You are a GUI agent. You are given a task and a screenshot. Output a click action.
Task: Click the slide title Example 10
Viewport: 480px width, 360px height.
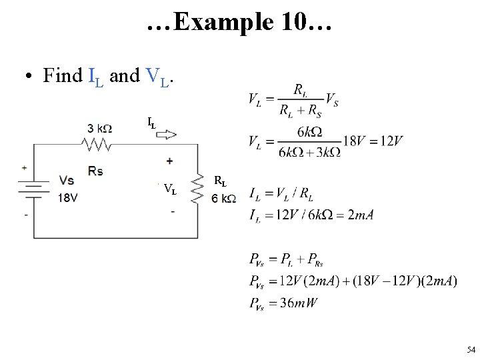pyautogui.click(x=239, y=23)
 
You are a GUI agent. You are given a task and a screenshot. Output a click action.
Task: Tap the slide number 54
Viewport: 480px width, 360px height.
pyautogui.click(x=471, y=349)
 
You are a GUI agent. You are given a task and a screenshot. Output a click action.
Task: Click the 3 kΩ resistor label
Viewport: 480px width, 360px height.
pyautogui.click(x=99, y=129)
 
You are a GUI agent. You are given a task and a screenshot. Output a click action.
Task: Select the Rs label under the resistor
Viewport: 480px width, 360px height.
pyautogui.click(x=95, y=171)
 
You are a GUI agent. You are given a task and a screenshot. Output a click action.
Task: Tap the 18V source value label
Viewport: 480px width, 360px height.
pyautogui.click(x=68, y=197)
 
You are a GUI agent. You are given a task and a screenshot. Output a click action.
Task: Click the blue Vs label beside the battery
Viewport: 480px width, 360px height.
pyautogui.click(x=67, y=181)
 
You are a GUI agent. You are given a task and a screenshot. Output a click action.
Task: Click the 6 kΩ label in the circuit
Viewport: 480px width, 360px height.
pyautogui.click(x=223, y=198)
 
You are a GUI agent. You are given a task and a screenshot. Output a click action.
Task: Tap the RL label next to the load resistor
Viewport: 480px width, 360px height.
pyautogui.click(x=220, y=181)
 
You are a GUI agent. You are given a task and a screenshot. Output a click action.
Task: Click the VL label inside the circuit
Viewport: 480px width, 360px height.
pyautogui.click(x=170, y=189)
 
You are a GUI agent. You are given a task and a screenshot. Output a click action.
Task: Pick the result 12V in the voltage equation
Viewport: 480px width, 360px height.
pyautogui.click(x=389, y=141)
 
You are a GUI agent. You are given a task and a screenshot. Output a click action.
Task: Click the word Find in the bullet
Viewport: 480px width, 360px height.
pyautogui.click(x=63, y=76)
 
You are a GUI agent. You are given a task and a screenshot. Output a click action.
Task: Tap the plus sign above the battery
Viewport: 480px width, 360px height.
pyautogui.click(x=25, y=167)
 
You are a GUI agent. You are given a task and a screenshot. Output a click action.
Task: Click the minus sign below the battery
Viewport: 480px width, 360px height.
pyautogui.click(x=25, y=215)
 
